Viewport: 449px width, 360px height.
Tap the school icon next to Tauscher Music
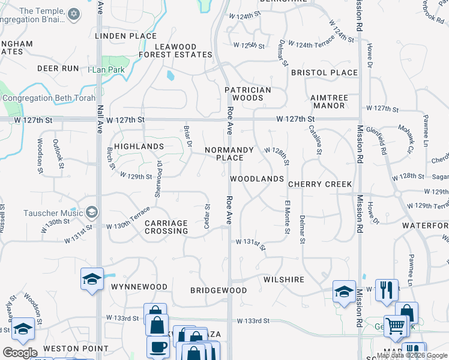[x=91, y=212]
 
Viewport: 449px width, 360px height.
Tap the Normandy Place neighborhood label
[x=229, y=154]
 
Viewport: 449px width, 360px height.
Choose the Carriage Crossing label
[x=166, y=227]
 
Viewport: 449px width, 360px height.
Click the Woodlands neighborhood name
[x=256, y=179]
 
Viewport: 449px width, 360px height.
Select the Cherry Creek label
[x=319, y=184]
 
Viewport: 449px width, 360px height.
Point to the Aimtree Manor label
[x=328, y=101]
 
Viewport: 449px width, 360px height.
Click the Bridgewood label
[x=218, y=290]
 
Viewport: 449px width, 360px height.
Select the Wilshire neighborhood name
[x=283, y=280]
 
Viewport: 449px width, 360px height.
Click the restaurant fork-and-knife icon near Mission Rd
[x=387, y=289]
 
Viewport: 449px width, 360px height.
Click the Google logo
[x=20, y=353]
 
